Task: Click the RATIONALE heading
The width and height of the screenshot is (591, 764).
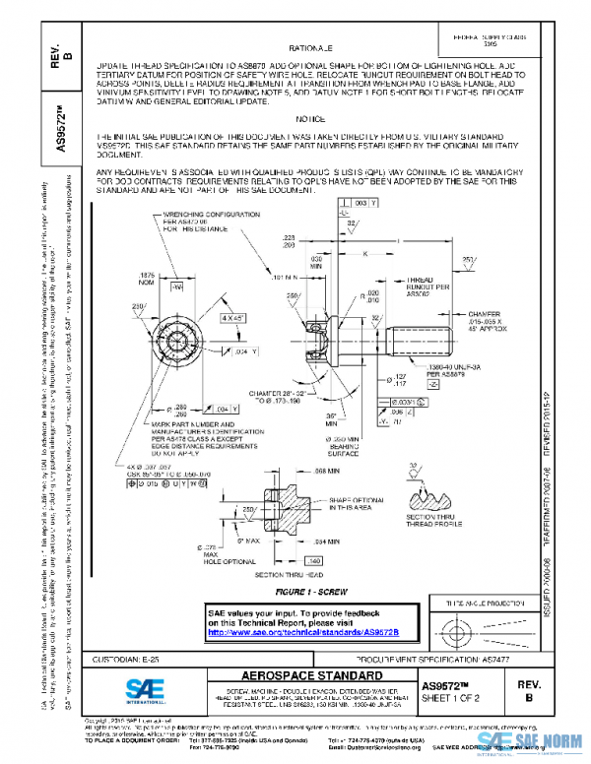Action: pos(310,46)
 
